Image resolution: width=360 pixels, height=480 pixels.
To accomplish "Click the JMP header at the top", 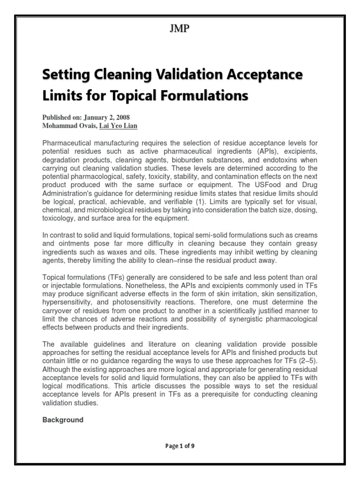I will [x=180, y=29].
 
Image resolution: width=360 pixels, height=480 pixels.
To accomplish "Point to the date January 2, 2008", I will [x=102, y=117].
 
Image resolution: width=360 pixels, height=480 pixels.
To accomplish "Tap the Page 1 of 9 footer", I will [x=180, y=446].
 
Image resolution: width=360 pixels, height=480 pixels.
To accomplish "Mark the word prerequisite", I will [x=217, y=394].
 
